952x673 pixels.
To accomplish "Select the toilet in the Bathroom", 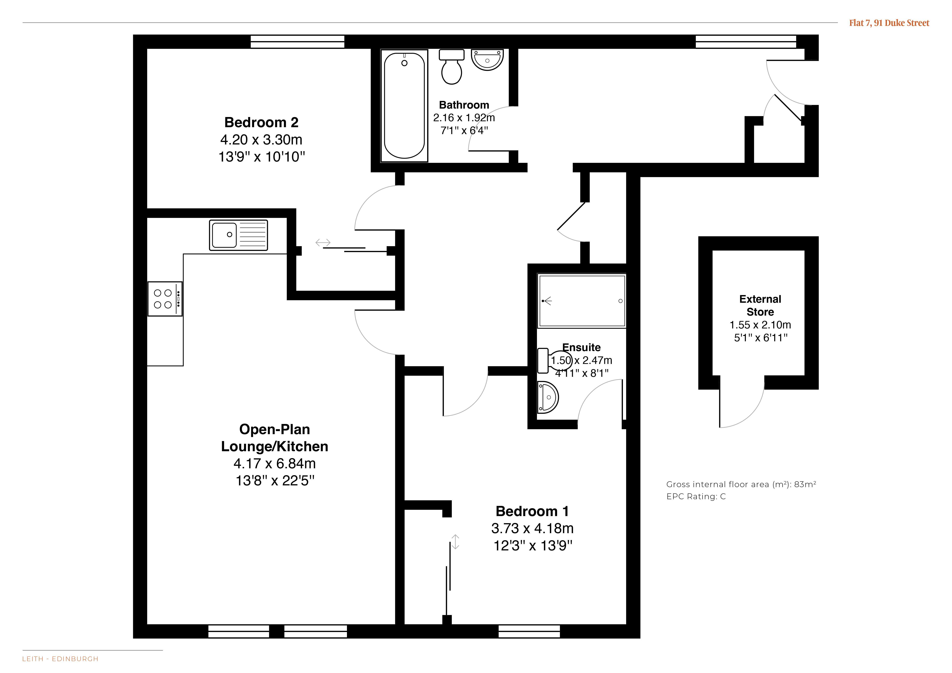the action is click(452, 67).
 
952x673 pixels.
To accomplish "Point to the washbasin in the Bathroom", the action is click(487, 60).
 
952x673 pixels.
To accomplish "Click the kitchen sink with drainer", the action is click(238, 235).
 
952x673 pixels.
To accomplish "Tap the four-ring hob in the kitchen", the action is click(165, 299).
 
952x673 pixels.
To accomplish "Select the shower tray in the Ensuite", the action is click(582, 301).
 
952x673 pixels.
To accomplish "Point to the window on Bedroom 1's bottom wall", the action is click(529, 631).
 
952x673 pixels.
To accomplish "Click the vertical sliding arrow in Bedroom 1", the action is click(455, 542).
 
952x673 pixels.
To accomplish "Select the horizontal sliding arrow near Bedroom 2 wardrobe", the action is click(323, 242).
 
